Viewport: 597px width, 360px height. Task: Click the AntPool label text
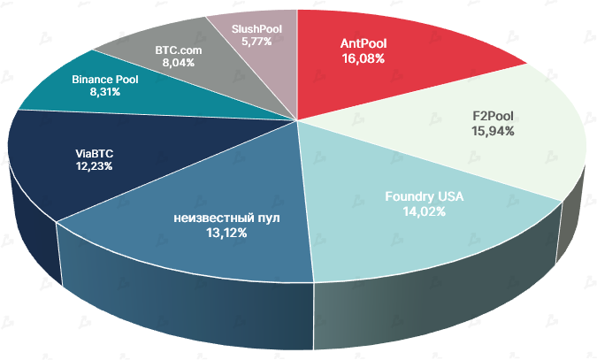364,42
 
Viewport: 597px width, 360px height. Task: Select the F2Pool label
494,116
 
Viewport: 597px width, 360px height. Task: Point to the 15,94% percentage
494,131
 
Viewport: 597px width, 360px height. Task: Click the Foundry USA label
425,196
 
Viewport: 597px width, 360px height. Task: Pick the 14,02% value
425,211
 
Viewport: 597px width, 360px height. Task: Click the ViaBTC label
94,151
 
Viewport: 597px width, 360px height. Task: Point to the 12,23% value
94,165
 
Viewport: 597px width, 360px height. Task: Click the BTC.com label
179,50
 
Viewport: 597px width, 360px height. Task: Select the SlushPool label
256,28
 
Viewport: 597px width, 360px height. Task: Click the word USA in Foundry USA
448,196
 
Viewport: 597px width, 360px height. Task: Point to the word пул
266,218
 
